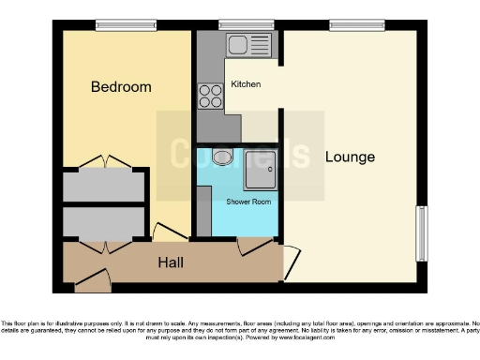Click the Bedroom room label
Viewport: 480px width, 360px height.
click(120, 87)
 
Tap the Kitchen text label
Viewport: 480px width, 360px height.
click(245, 84)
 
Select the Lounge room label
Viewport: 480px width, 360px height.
click(350, 157)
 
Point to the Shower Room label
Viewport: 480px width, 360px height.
click(248, 202)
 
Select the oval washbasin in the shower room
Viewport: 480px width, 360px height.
click(223, 157)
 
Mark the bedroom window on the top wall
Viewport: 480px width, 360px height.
click(113, 24)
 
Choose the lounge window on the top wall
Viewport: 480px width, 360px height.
click(349, 24)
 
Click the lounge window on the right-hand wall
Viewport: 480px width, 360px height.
click(422, 232)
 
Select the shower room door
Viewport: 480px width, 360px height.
click(253, 245)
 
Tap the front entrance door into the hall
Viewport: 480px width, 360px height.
click(90, 276)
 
